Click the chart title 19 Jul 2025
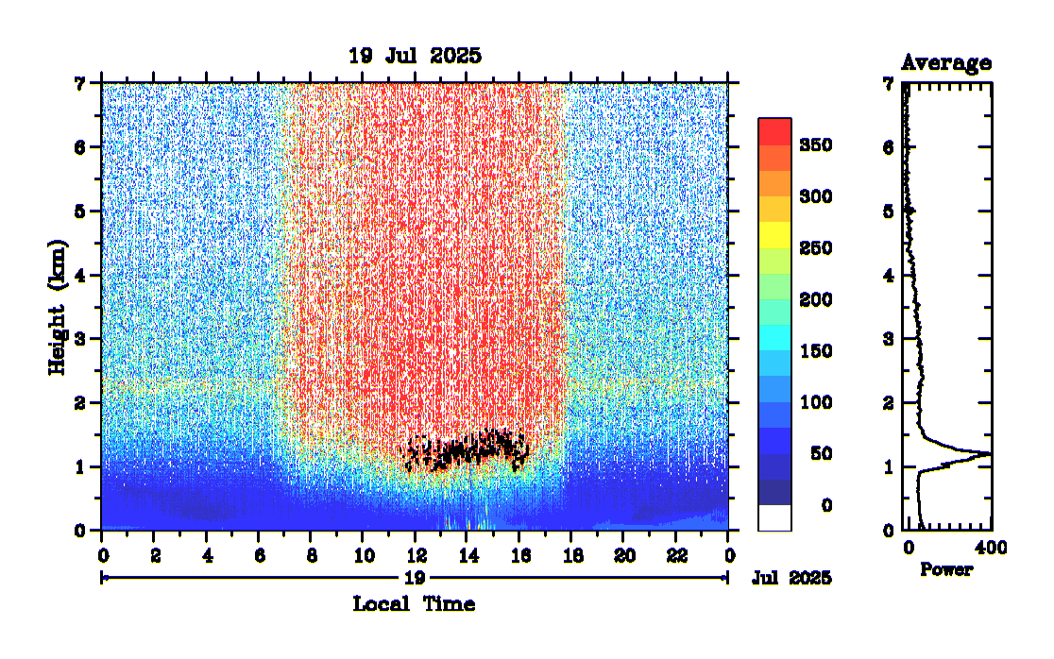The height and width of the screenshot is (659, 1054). (x=415, y=56)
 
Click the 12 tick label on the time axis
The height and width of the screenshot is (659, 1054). (x=415, y=553)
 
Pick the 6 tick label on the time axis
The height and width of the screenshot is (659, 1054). (x=258, y=553)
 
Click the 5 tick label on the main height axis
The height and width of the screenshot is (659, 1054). (x=82, y=211)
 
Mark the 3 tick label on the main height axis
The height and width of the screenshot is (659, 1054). (x=82, y=339)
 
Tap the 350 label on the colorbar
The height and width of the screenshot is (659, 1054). (x=814, y=145)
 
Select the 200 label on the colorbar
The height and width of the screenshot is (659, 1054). (x=814, y=300)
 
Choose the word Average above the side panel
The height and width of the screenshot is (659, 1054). (x=945, y=63)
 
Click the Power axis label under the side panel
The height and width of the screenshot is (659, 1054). (x=946, y=570)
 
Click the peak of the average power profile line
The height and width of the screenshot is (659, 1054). (x=989, y=454)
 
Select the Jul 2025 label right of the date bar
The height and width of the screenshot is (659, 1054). (x=791, y=578)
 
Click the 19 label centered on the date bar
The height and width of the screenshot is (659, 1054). (x=415, y=578)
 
